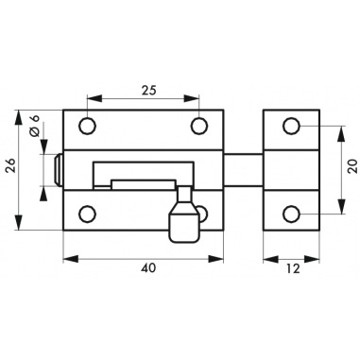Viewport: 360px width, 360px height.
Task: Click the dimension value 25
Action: (x=148, y=91)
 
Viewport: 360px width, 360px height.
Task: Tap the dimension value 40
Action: (x=148, y=268)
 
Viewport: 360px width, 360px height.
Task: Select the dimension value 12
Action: (x=293, y=268)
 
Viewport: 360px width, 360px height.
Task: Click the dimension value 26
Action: (x=11, y=165)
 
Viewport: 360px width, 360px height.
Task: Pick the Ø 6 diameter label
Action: (x=34, y=126)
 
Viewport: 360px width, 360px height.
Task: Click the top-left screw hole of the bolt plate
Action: (x=88, y=126)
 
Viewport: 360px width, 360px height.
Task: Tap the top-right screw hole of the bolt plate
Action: (x=199, y=126)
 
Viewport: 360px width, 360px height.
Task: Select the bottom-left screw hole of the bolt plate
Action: (x=87, y=214)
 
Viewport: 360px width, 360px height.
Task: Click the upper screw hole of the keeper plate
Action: (x=291, y=126)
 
